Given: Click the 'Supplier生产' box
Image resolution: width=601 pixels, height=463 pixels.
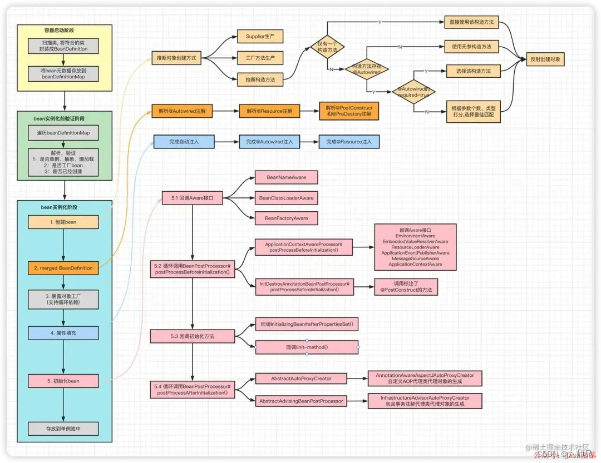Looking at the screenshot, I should [260, 37].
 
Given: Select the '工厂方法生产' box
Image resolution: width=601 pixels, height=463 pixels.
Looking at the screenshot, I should [260, 58].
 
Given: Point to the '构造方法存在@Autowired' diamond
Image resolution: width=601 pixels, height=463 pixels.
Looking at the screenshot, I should [367, 69].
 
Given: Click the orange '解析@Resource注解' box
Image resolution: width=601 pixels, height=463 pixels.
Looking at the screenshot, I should [269, 111].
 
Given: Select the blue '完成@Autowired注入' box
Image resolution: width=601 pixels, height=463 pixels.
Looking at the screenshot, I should [269, 142].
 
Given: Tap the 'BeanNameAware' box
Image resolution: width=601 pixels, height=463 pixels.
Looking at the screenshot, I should [286, 177].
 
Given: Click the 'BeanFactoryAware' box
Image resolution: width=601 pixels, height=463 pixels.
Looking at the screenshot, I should [286, 218].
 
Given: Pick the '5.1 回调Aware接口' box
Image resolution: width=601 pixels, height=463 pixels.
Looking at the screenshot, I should [192, 197].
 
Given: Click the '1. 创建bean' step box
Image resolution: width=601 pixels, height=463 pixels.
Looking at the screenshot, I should [63, 222].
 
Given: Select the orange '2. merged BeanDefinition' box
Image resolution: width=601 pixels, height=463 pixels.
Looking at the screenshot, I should [63, 268].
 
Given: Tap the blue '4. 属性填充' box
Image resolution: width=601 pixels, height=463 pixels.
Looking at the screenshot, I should [63, 333].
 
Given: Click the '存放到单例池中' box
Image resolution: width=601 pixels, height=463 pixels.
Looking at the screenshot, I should [63, 429].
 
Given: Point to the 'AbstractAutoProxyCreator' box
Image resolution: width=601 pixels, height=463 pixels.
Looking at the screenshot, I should [301, 379].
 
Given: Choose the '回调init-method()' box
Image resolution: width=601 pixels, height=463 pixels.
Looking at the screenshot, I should [307, 347].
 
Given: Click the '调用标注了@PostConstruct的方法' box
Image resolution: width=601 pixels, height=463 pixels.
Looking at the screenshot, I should [406, 287].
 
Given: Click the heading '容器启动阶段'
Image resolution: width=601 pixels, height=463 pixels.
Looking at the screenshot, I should [63, 30].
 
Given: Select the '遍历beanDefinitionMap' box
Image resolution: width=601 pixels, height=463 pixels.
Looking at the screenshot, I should [63, 133].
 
